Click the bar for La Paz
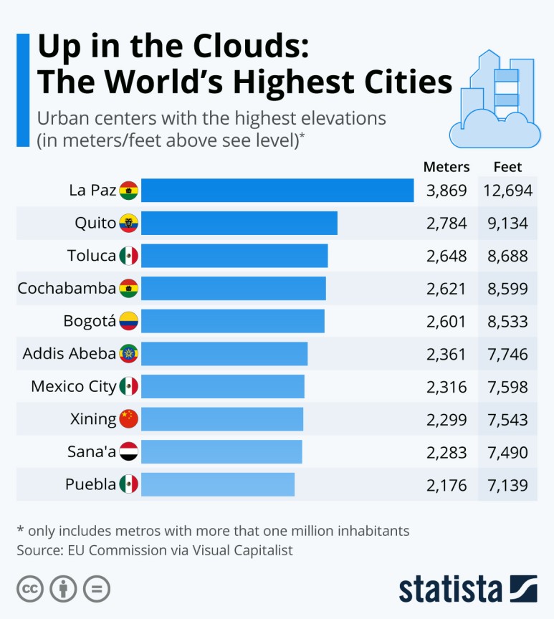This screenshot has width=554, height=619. pos(277,191)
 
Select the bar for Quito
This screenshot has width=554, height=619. pos(239,224)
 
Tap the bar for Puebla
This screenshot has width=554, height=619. pos(217,484)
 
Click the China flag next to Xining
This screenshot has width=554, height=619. pos(128,419)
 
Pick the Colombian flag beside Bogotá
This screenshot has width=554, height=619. pos(128,321)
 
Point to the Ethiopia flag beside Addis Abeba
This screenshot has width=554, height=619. pos(128,354)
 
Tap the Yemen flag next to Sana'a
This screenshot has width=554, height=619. pos(128,452)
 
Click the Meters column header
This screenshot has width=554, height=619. pos(446,167)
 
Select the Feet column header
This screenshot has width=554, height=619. pos(507,167)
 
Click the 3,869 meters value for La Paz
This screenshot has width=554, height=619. pos(446,191)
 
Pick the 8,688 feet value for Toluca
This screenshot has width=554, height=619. pos(507,256)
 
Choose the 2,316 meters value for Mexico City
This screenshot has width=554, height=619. pos(446,387)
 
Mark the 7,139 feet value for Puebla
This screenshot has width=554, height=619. pos(507,485)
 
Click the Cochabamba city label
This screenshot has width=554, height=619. pos(67,288)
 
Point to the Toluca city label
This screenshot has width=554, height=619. pos(91,256)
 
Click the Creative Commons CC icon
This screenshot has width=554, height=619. pos(30,589)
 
